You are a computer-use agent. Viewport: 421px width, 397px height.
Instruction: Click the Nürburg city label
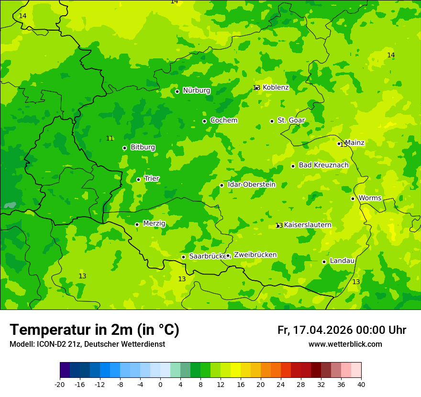(197, 90)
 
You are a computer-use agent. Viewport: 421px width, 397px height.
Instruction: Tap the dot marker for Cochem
(204, 121)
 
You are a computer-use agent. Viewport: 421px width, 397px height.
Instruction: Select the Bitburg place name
(143, 147)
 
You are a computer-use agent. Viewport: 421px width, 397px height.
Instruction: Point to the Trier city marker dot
(138, 179)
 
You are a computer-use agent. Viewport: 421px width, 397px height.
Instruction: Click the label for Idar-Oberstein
(252, 185)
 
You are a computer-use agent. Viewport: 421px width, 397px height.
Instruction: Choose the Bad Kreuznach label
(323, 165)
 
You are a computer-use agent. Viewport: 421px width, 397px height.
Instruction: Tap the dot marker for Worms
(353, 198)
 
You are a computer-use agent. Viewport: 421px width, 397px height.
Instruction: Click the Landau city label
(342, 261)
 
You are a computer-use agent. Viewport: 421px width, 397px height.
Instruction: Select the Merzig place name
(154, 223)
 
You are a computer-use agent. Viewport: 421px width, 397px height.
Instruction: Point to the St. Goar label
(291, 120)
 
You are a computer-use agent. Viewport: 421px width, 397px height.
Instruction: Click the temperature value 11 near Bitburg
(110, 138)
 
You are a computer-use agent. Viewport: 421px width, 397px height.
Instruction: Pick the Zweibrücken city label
(255, 255)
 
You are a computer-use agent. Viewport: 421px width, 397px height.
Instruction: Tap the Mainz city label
(355, 143)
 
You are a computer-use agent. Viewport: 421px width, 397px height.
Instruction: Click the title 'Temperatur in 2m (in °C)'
(94, 330)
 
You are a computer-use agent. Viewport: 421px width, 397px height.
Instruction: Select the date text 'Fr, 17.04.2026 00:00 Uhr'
(342, 330)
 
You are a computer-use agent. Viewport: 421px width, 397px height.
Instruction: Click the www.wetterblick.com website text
(345, 344)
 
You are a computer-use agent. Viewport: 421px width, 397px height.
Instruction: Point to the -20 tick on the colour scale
(60, 384)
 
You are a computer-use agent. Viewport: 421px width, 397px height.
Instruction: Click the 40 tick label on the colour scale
(361, 384)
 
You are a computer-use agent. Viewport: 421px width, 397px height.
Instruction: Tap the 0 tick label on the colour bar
(160, 384)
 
